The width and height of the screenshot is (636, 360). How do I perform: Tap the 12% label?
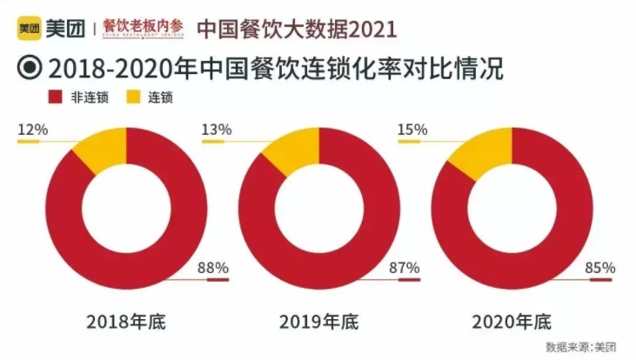pyautogui.click(x=32, y=130)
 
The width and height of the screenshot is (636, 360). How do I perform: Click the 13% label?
pyautogui.click(x=216, y=130)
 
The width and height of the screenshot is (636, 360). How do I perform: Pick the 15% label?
pyautogui.click(x=412, y=130)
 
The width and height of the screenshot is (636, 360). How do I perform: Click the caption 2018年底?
pyautogui.click(x=126, y=323)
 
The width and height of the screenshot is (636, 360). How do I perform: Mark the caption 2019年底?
pyautogui.click(x=318, y=323)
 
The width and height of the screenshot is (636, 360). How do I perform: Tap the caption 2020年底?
pyautogui.click(x=512, y=323)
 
